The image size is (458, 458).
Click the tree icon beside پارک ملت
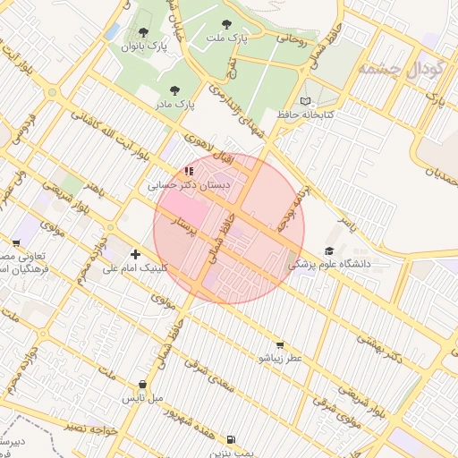click(x=225, y=24)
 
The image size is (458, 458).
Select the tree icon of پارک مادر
click(x=174, y=90)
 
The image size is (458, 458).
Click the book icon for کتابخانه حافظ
click(x=307, y=101)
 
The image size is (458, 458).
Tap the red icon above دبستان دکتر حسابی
click(x=188, y=170)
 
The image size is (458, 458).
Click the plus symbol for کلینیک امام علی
click(x=135, y=254)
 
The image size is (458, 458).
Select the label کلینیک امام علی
click(x=134, y=267)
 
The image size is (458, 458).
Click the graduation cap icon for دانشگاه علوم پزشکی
click(x=329, y=251)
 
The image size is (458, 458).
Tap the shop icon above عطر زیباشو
click(x=280, y=345)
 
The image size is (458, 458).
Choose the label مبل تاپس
click(x=142, y=396)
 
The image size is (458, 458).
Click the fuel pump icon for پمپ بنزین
click(x=232, y=438)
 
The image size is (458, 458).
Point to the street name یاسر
click(x=345, y=224)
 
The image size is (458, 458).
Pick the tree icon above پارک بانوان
click(x=143, y=32)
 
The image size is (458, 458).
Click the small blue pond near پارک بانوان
click(x=112, y=31)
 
